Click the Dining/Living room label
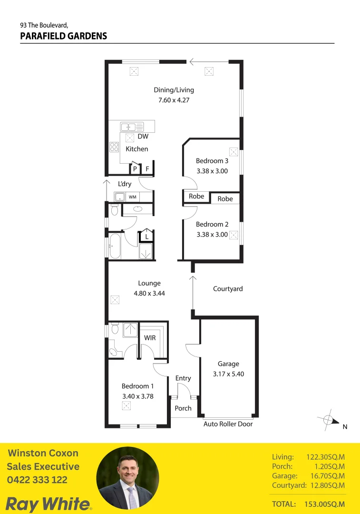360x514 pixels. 174,89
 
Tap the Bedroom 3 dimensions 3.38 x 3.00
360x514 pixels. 212,171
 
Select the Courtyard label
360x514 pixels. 228,289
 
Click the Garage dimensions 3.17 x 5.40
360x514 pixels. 228,374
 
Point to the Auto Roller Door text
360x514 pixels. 228,424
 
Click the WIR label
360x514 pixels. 150,338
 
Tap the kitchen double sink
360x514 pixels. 132,127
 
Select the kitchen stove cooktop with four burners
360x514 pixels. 114,147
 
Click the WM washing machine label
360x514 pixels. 132,197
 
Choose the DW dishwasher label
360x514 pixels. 143,137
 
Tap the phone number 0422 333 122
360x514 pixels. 37,480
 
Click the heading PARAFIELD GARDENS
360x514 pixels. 64,36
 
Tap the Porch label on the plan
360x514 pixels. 183,408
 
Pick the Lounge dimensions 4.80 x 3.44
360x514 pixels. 149,294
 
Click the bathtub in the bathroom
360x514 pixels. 115,246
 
